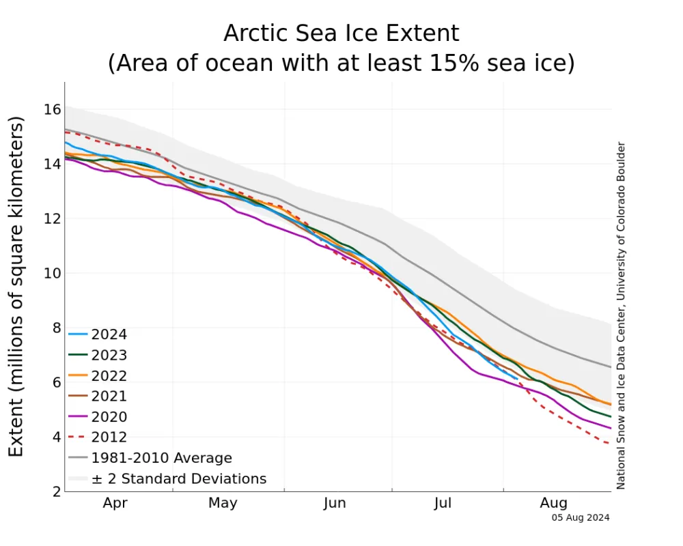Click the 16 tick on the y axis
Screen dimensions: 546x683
53,109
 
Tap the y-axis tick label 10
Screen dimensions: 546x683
53,273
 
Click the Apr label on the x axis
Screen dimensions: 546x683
115,504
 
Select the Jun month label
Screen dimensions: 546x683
335,504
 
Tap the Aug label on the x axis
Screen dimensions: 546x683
553,504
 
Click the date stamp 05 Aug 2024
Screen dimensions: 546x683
581,517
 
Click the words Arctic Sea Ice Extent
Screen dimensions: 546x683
341,33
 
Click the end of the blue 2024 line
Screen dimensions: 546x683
516,378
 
